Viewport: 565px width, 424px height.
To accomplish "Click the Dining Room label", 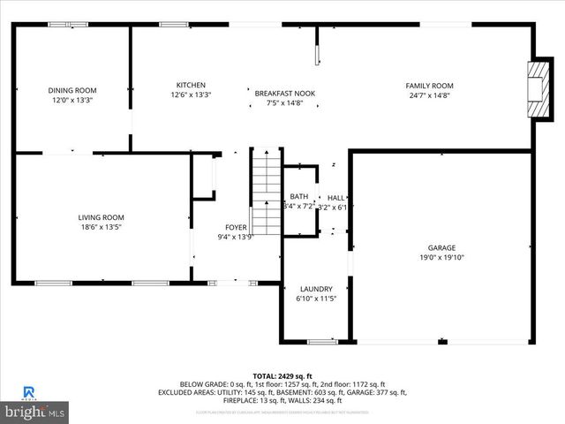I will pyautogui.click(x=72, y=90).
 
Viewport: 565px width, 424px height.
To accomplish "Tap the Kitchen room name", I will pyautogui.click(x=191, y=85).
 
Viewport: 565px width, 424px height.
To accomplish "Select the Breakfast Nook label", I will pyautogui.click(x=284, y=93).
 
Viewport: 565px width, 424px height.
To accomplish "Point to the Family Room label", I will pyautogui.click(x=429, y=86).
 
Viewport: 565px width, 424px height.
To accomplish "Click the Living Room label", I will pyautogui.click(x=101, y=217).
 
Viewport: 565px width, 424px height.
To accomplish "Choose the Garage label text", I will pyautogui.click(x=441, y=248).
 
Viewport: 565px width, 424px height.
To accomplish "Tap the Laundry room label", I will pyautogui.click(x=316, y=289).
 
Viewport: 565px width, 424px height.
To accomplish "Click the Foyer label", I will pyautogui.click(x=236, y=227).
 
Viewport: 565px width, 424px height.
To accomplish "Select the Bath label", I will pyautogui.click(x=299, y=197).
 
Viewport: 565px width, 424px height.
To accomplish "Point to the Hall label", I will pyautogui.click(x=335, y=198).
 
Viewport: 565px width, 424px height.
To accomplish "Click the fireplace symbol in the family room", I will pyautogui.click(x=537, y=83).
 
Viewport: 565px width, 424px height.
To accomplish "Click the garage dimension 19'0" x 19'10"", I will pyautogui.click(x=441, y=258).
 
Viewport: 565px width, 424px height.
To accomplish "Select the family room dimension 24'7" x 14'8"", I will pyautogui.click(x=429, y=95).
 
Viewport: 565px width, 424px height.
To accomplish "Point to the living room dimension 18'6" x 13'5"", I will pyautogui.click(x=101, y=227).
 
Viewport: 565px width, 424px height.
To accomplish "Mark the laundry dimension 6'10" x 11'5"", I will pyautogui.click(x=316, y=299).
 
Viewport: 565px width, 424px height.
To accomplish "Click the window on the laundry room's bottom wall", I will pyautogui.click(x=321, y=341).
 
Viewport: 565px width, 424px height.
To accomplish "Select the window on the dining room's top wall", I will pyautogui.click(x=62, y=25).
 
